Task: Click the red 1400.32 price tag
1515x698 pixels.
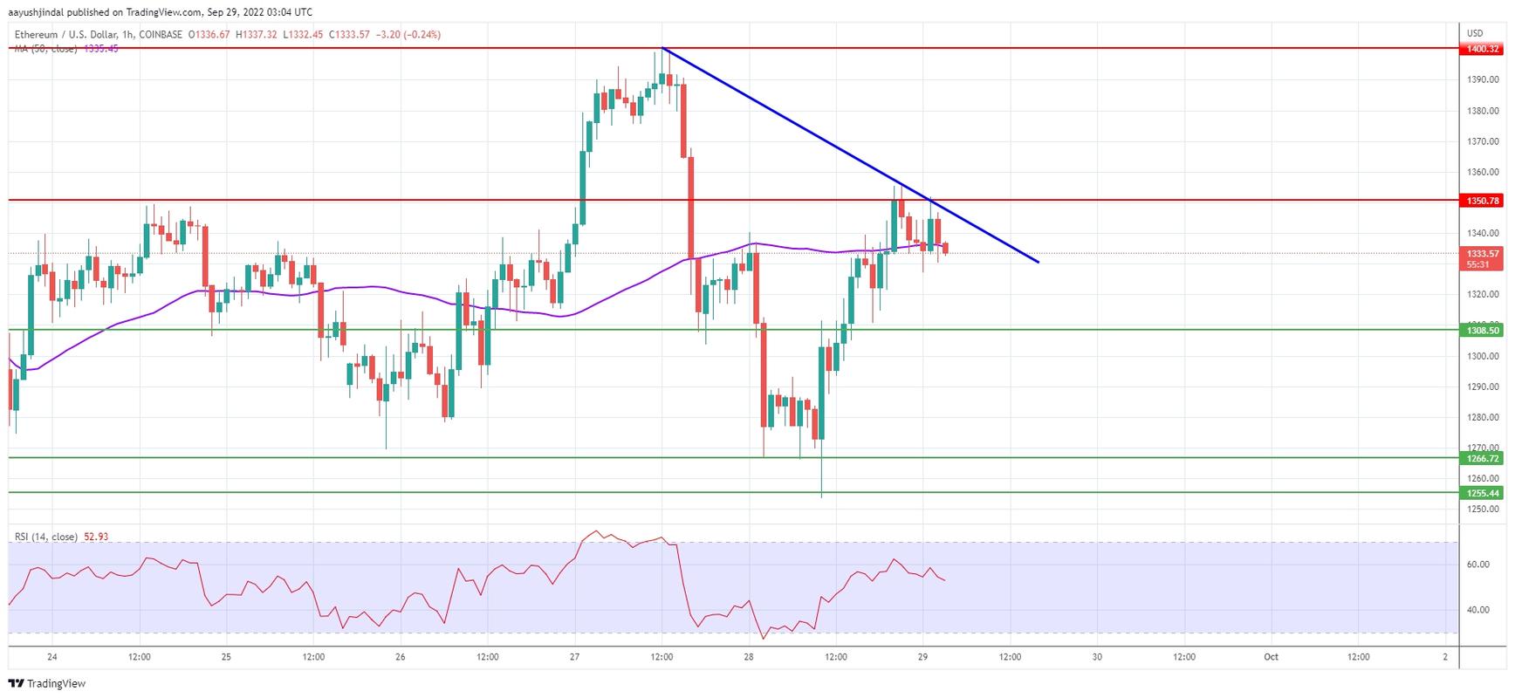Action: click(1483, 49)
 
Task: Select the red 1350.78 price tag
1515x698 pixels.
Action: click(1483, 201)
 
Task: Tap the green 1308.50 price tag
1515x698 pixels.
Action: click(1483, 330)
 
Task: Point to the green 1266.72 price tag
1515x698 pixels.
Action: click(1483, 458)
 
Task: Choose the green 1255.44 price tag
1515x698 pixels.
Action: click(1483, 493)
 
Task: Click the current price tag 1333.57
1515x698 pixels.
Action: click(1483, 254)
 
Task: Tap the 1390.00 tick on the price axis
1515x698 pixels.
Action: click(1483, 80)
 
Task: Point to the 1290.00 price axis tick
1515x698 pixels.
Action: click(1483, 387)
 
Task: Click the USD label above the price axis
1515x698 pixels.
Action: click(1475, 33)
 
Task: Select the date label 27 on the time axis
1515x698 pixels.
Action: click(574, 657)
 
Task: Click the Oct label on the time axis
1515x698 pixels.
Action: click(1271, 657)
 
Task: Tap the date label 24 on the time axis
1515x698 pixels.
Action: click(52, 657)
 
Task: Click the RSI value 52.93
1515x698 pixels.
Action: click(96, 537)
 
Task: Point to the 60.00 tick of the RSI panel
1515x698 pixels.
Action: click(1477, 565)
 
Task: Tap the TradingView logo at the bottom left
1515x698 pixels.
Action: click(48, 683)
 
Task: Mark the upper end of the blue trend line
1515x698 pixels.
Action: click(663, 48)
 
